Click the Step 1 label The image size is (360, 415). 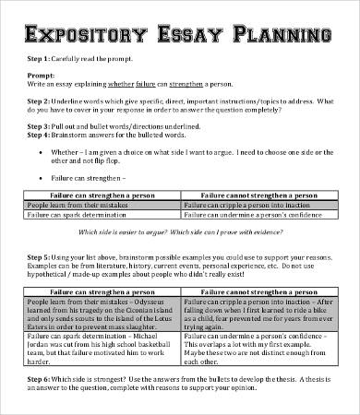(41, 59)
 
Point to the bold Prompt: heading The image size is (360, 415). (42, 76)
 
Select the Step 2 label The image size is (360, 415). (41, 100)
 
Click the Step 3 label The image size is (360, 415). (41, 124)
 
